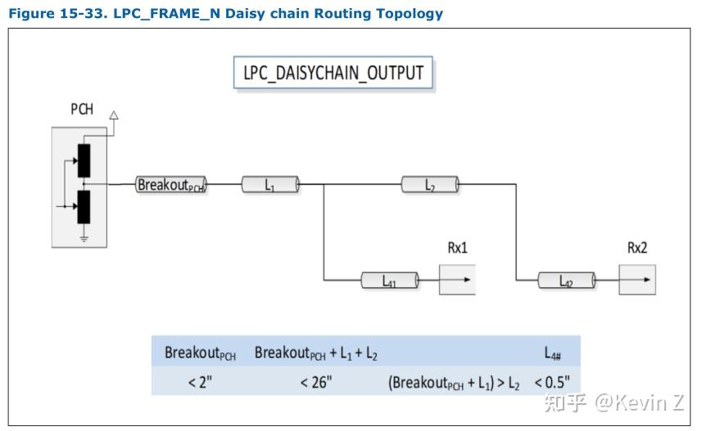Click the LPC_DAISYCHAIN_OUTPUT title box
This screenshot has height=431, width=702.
tap(333, 73)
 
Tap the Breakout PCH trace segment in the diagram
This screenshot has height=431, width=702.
tap(171, 184)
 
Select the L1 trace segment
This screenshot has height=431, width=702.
tap(270, 184)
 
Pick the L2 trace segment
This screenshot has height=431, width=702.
tap(430, 184)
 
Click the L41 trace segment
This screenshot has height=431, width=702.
tap(390, 281)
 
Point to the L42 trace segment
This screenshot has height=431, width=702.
tap(566, 281)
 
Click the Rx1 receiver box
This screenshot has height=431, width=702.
tap(457, 280)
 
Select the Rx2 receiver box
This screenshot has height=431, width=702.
tap(637, 280)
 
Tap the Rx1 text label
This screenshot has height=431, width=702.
tap(457, 248)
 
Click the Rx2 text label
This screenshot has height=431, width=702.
tap(637, 248)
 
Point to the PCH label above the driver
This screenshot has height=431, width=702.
tap(82, 109)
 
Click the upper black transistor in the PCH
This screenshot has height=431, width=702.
tap(84, 160)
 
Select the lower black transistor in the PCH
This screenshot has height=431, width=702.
tap(84, 207)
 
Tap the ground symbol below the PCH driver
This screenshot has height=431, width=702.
tap(84, 239)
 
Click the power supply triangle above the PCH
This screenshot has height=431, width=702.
tap(114, 115)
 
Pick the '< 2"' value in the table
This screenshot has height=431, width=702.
tap(200, 382)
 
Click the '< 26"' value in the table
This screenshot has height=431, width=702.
tap(315, 382)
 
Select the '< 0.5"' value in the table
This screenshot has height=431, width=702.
tap(552, 382)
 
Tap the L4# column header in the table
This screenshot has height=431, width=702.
tap(552, 353)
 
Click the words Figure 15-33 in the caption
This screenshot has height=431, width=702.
tap(56, 13)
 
